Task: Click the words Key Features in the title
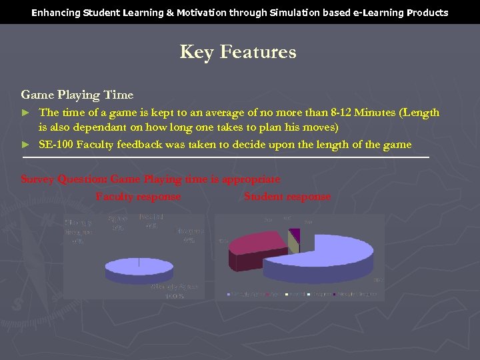(238, 52)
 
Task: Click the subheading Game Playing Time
(77, 95)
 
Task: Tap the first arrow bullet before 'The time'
(26, 113)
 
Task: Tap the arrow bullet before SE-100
(26, 145)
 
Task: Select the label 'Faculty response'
(138, 197)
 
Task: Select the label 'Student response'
(287, 197)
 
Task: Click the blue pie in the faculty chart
(139, 266)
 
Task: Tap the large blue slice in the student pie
(327, 257)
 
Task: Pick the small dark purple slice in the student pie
(295, 234)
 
